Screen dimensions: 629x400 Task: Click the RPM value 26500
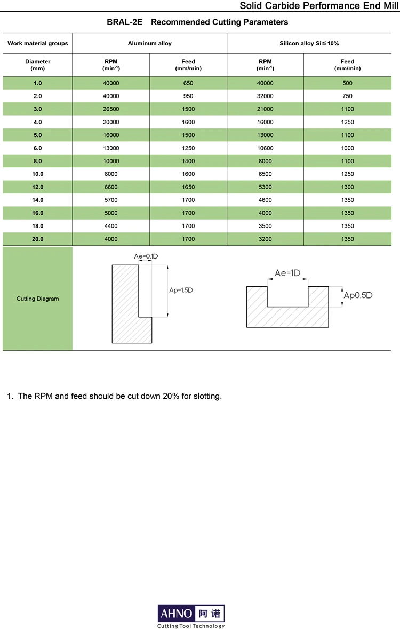pos(111,109)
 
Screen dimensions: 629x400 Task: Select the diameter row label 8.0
pos(37,161)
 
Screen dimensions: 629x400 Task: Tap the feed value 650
pos(188,83)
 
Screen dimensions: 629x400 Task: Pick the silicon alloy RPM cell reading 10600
pos(265,148)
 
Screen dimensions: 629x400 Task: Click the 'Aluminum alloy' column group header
pos(150,43)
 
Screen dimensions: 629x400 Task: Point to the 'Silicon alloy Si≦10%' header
pos(309,43)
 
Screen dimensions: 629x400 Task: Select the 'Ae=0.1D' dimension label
pos(146,256)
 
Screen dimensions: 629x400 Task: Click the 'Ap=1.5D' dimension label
pos(181,291)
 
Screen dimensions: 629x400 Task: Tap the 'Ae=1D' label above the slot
pos(287,273)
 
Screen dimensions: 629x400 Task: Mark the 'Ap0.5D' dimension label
pos(358,295)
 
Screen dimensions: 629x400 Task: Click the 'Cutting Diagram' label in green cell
pos(37,299)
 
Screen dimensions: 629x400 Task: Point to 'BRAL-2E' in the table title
pos(125,22)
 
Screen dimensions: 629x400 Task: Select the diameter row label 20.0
pos(37,239)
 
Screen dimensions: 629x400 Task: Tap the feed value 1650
pos(188,187)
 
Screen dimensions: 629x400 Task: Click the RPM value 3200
pos(265,239)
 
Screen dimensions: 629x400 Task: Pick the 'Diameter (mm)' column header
pos(37,65)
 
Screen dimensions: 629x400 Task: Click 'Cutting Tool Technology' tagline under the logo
pos(191,626)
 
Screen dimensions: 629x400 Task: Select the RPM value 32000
pos(265,96)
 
